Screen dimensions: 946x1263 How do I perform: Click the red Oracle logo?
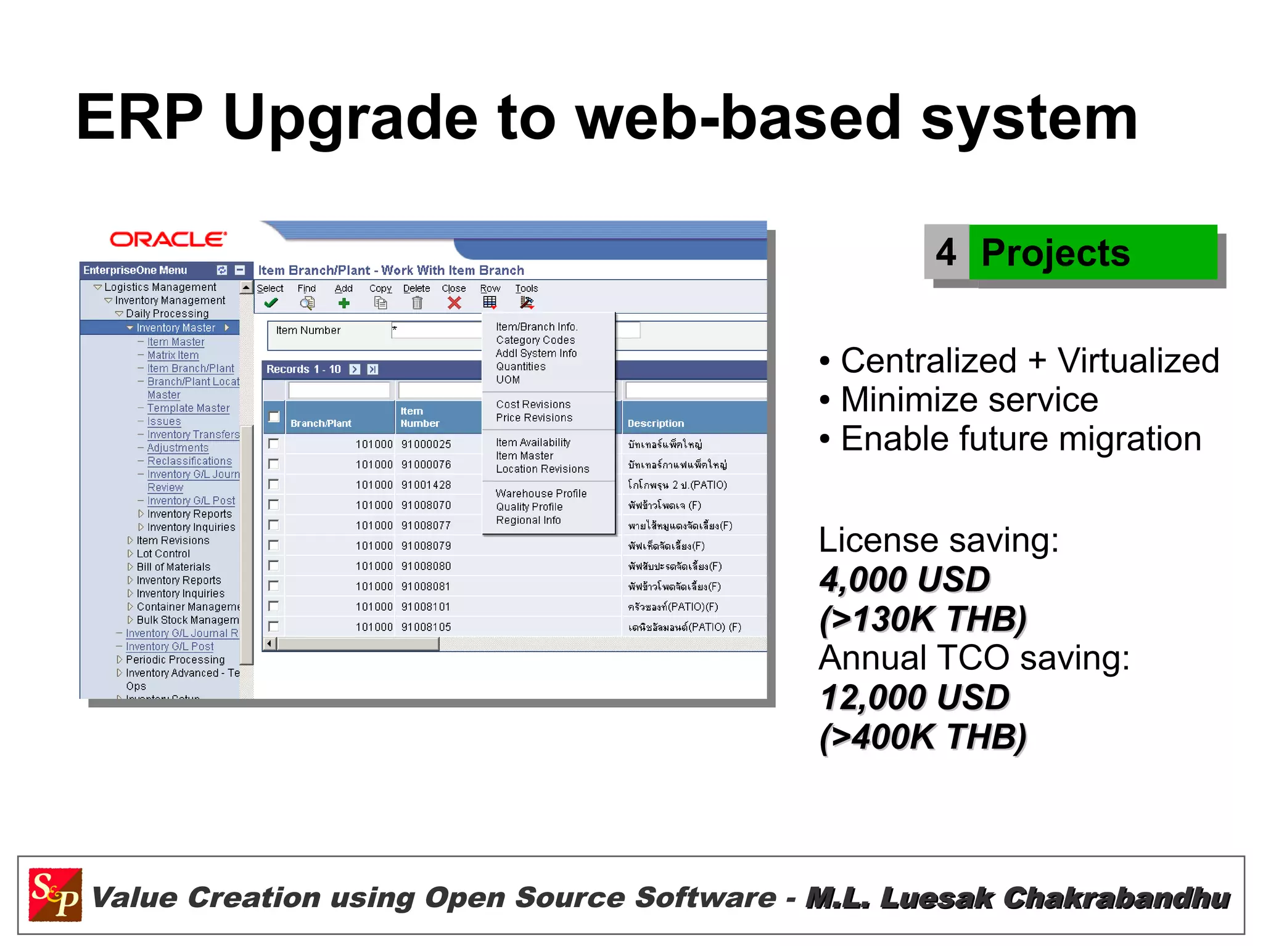(x=168, y=239)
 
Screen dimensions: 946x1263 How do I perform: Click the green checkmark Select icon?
(x=270, y=303)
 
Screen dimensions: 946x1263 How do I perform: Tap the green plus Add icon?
(x=344, y=303)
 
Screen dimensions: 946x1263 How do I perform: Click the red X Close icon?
(x=455, y=303)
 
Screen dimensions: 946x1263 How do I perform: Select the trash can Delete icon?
(x=417, y=303)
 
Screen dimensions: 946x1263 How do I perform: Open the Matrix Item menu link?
(x=173, y=356)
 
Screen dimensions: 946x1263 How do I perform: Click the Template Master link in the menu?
(x=188, y=408)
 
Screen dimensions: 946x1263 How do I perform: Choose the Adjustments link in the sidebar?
(x=178, y=448)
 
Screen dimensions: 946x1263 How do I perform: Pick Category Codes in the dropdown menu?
(x=535, y=340)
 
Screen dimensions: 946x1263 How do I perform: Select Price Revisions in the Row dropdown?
(x=534, y=418)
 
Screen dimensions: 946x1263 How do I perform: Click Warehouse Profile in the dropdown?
(x=541, y=494)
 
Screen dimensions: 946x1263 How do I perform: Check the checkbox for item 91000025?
(x=273, y=444)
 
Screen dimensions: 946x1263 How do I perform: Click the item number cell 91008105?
(x=426, y=627)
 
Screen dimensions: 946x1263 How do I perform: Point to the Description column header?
(x=656, y=423)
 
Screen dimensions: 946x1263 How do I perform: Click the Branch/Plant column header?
(x=321, y=423)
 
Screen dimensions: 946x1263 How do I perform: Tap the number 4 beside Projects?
(x=945, y=253)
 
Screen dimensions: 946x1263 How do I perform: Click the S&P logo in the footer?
(x=56, y=895)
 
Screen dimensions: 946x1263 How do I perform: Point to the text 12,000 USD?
(x=914, y=698)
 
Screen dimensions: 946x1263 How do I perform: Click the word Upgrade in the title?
(x=350, y=118)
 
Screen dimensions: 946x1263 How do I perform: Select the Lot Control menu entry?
(x=163, y=554)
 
